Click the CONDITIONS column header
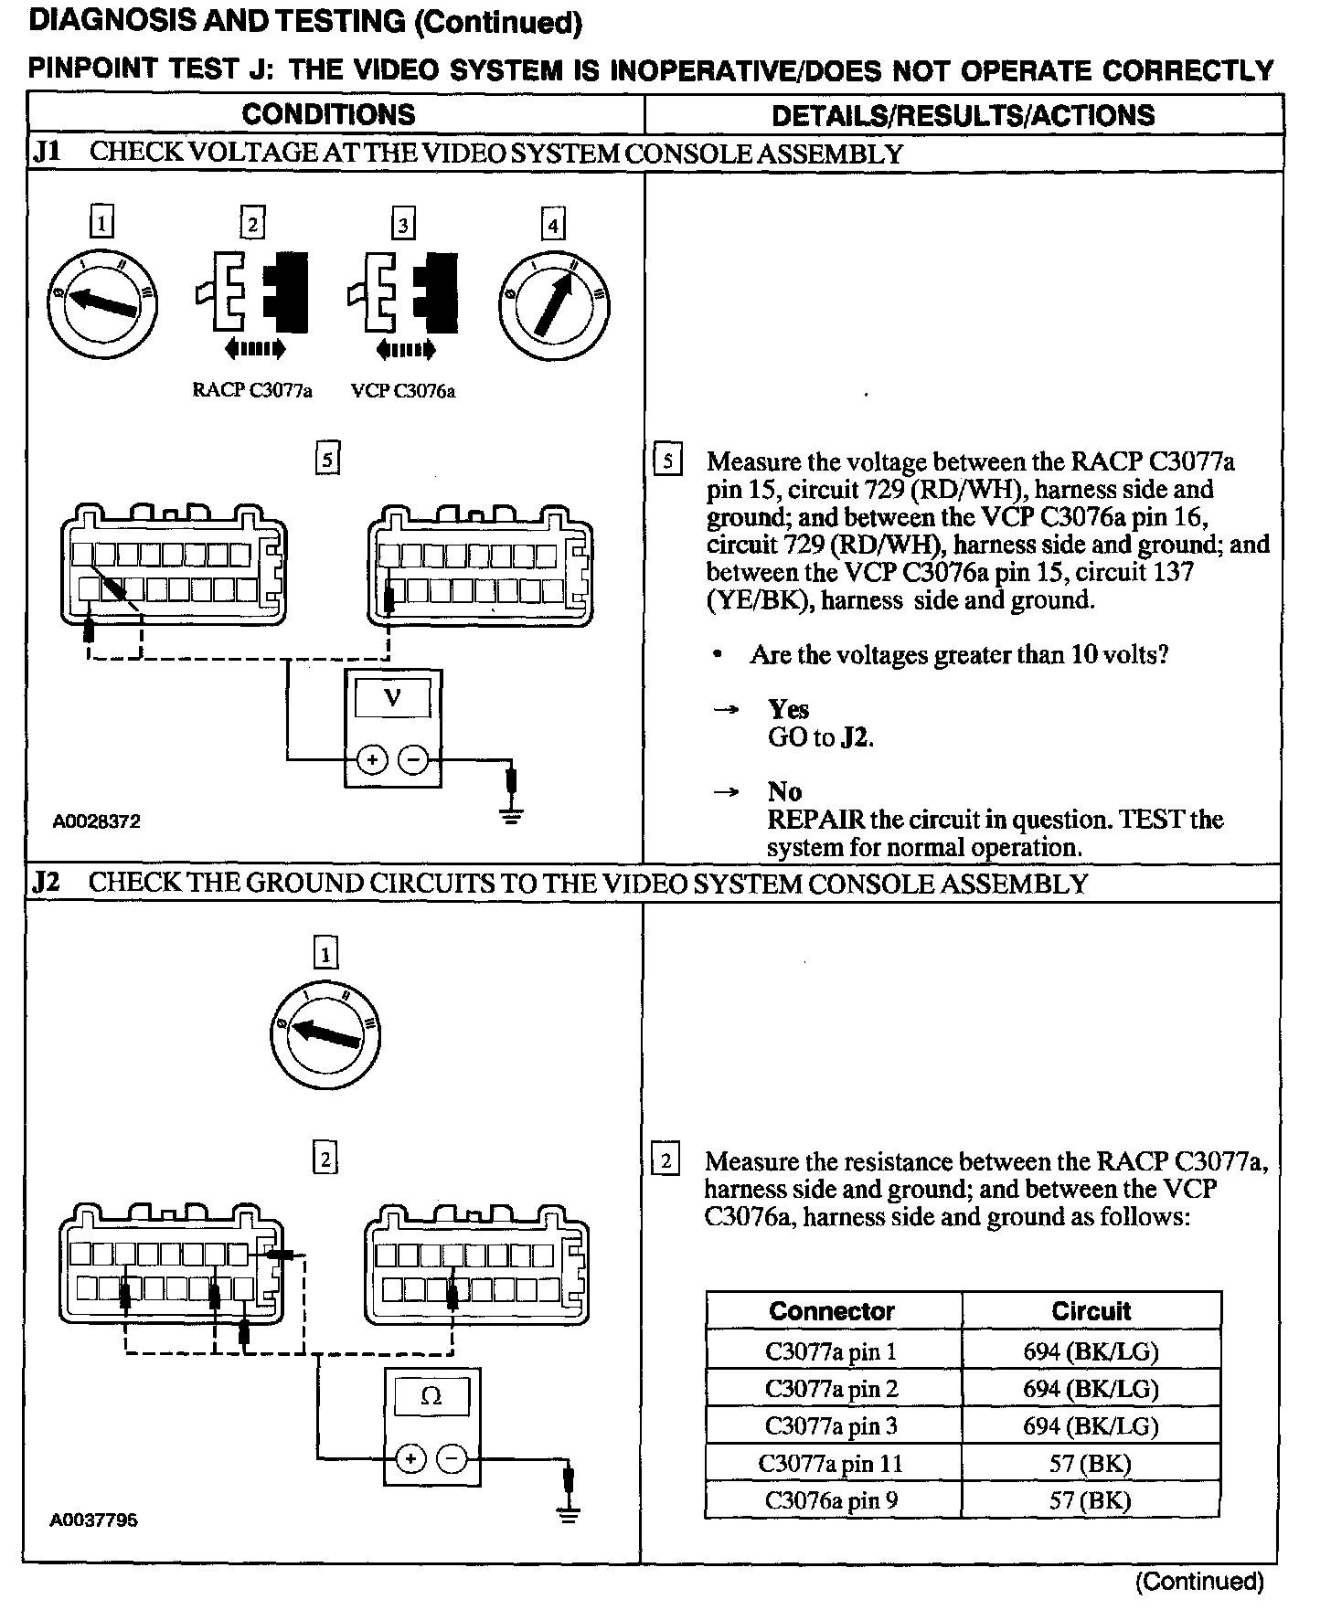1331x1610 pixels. [x=328, y=114]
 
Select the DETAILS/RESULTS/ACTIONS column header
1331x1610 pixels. [x=963, y=115]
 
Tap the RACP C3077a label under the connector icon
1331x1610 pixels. [x=252, y=391]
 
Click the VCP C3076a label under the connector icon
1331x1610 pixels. [x=403, y=391]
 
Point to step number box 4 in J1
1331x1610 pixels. [x=552, y=224]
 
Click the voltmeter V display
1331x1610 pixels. [x=393, y=699]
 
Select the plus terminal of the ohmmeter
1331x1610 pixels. [x=410, y=1459]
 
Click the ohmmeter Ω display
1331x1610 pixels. [x=431, y=1397]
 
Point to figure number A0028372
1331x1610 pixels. [x=96, y=821]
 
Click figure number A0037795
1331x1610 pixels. [x=93, y=1521]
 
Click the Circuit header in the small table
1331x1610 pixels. [x=1091, y=1311]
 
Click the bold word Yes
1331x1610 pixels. [x=788, y=710]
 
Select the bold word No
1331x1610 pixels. [x=784, y=792]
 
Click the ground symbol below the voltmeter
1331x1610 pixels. [x=512, y=813]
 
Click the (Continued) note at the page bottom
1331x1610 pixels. [x=1199, y=1582]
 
